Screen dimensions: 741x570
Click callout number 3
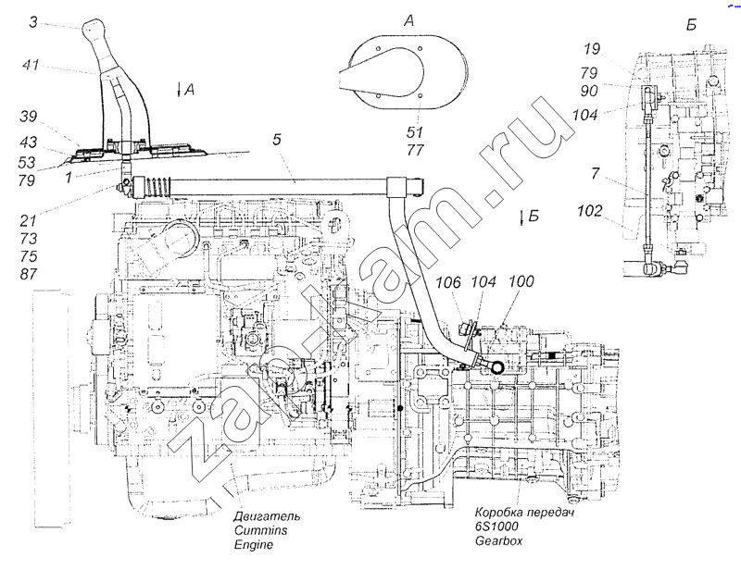pos(32,22)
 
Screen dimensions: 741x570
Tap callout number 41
pos(31,64)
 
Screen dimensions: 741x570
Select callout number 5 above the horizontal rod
pos(277,140)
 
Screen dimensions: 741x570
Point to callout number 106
pos(447,282)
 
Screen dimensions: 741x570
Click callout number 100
pos(521,281)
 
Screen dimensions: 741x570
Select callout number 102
pos(590,211)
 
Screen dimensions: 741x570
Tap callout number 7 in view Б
pos(595,173)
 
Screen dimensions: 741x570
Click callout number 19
pos(592,49)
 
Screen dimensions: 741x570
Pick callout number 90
pos(589,91)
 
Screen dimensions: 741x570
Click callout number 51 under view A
pos(414,131)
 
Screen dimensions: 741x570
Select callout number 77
pos(415,150)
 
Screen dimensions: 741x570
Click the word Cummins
pos(260,530)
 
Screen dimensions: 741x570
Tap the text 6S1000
pos(496,527)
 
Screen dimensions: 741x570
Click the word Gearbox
pos(498,540)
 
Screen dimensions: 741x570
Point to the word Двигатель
pos(267,516)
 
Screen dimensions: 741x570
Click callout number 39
pos(29,117)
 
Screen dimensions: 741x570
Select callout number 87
pos(29,274)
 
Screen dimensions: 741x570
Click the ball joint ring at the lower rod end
pos(497,367)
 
